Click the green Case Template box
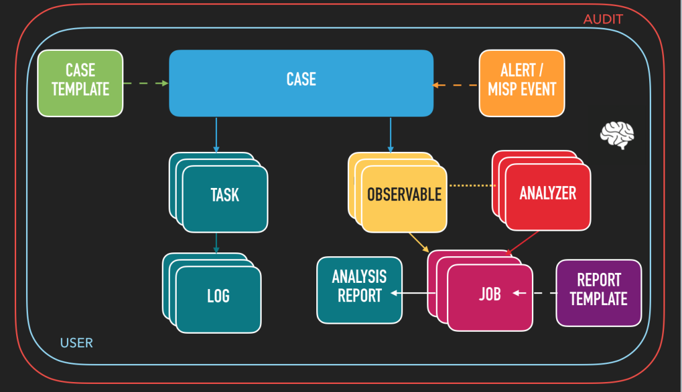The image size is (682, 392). (81, 83)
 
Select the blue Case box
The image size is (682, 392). (301, 83)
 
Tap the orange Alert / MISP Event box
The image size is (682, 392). (522, 83)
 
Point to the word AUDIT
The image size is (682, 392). (603, 20)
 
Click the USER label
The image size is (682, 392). (76, 342)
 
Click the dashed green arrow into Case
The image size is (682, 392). (146, 83)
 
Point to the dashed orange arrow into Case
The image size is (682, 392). (456, 85)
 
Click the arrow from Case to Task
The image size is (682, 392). (216, 134)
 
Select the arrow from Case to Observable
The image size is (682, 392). (390, 134)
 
